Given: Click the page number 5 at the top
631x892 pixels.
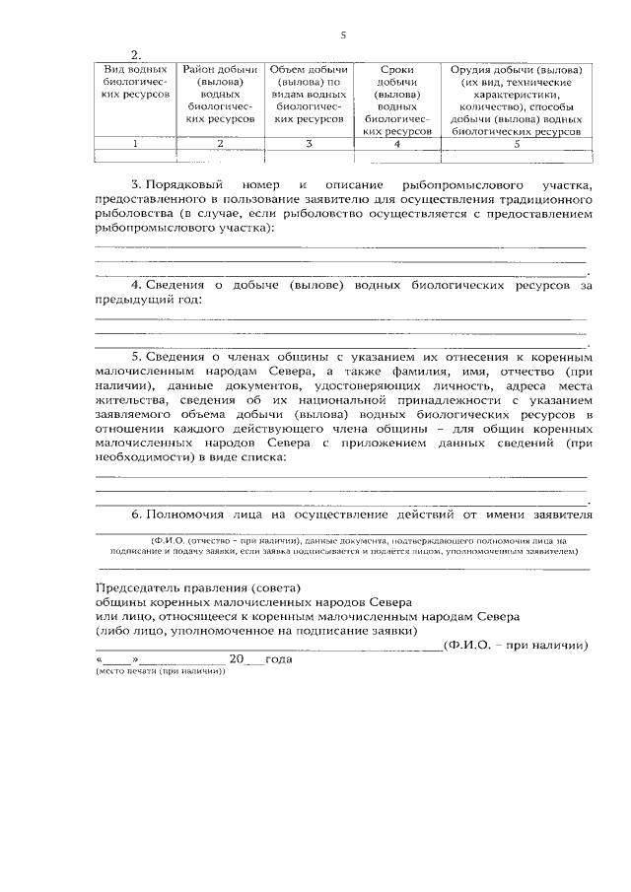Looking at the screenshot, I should point(343,36).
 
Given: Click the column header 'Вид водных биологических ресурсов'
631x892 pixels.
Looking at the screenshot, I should point(135,83).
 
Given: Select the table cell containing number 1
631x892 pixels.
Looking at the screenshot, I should point(135,144).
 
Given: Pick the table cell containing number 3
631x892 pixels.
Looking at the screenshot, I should point(309,144).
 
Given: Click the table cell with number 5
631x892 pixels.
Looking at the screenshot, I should point(515,144).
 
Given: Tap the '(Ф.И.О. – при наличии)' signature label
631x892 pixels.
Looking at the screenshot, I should point(516,646).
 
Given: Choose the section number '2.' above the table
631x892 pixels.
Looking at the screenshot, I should point(138,55).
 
